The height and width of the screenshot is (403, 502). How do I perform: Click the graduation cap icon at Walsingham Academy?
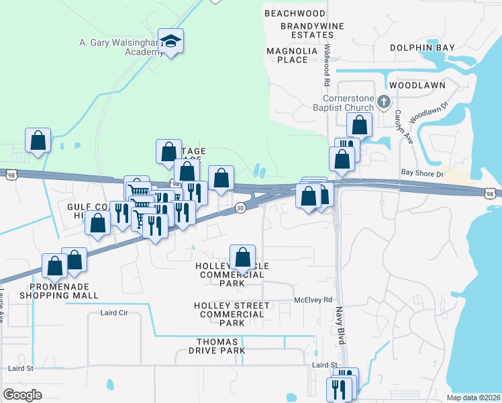pos(171,42)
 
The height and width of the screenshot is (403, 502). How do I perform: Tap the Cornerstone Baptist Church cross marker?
pos(384,103)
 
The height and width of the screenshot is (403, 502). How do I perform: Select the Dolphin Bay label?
pos(422,48)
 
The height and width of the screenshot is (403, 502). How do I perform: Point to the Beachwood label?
pos(295,13)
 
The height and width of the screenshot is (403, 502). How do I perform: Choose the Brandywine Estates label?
pos(307,30)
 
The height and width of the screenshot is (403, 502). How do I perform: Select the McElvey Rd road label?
pos(314,300)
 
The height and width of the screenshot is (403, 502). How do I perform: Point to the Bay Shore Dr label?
pos(423,173)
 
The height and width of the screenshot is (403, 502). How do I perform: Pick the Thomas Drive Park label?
pos(217,347)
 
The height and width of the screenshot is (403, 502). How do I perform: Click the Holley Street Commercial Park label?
pos(232,314)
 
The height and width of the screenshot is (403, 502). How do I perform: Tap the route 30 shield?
pos(240,210)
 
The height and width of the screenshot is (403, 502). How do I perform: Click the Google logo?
pos(22,395)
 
